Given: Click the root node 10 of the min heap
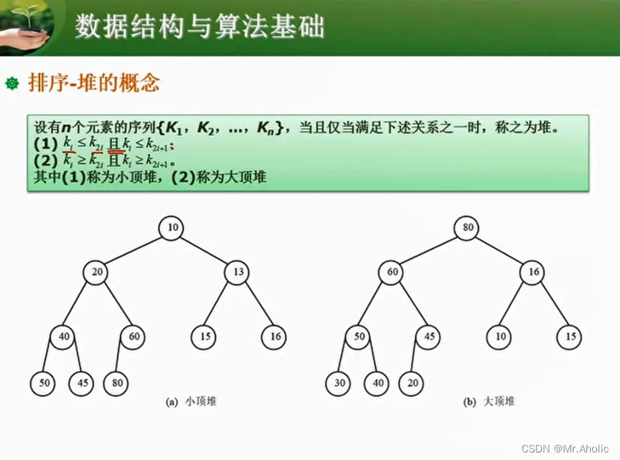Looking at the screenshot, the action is [x=172, y=227].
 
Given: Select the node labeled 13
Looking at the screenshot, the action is [x=238, y=272].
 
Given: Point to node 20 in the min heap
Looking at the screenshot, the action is [x=96, y=272].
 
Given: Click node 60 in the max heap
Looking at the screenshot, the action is [x=392, y=272].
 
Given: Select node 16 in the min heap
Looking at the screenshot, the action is [x=276, y=336].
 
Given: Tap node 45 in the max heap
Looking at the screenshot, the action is [x=429, y=336].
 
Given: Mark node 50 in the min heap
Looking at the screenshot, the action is [x=44, y=383].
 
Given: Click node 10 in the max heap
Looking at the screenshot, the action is [x=500, y=336].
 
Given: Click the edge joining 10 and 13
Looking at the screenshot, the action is [x=205, y=249].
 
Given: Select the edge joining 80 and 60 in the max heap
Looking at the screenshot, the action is [x=429, y=249].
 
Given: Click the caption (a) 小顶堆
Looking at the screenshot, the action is [x=190, y=402].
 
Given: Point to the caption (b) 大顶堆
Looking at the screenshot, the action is [x=489, y=402].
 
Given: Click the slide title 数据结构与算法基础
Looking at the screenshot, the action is [x=200, y=28].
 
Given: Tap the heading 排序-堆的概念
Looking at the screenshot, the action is [x=94, y=83].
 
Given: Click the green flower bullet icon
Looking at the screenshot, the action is [x=11, y=83].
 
